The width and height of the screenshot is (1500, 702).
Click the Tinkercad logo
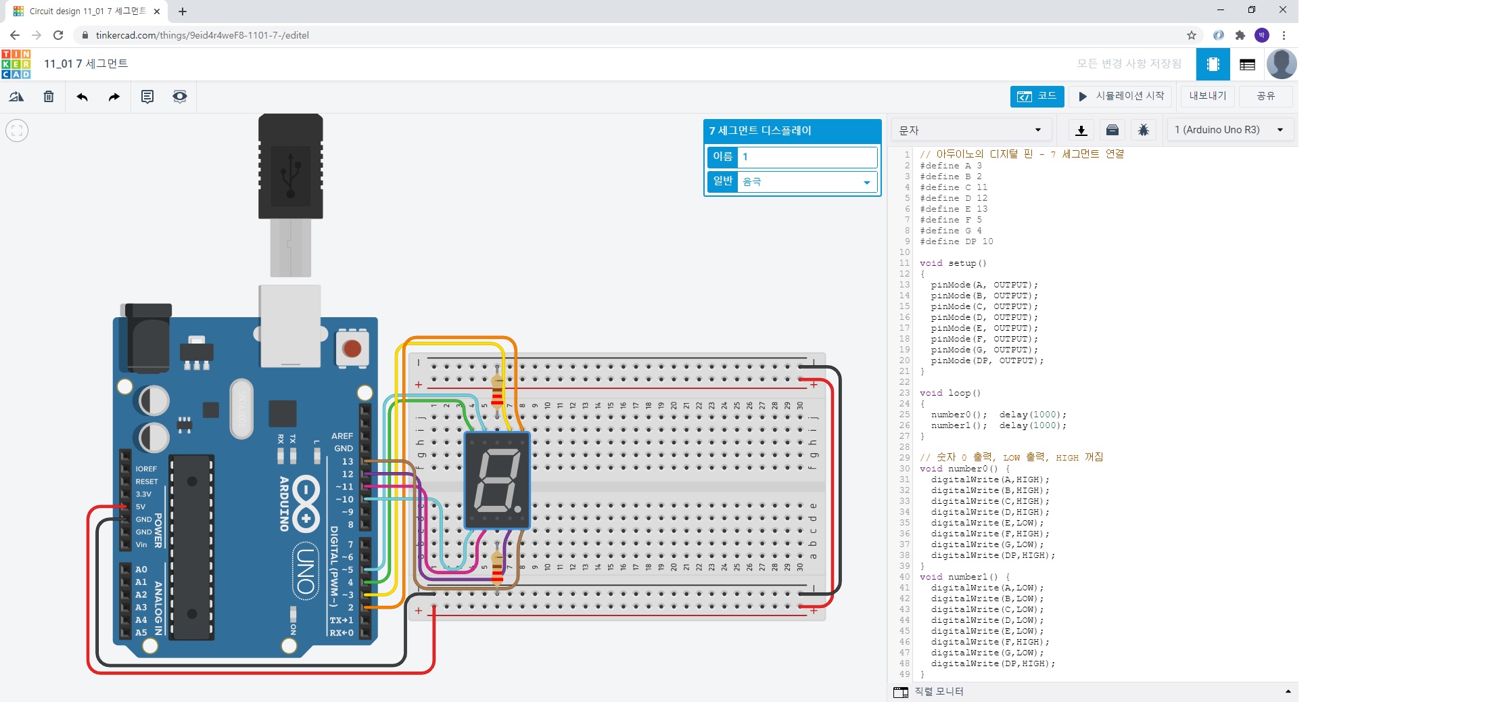(16, 64)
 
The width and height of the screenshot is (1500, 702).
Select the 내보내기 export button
(1207, 96)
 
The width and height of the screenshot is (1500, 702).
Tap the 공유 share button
(1265, 96)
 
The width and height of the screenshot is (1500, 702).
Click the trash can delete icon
(49, 97)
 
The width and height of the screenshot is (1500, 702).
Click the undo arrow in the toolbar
(83, 97)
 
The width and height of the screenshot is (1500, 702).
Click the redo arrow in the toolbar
(114, 97)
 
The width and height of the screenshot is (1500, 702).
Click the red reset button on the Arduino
(352, 348)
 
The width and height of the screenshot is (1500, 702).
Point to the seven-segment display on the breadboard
(497, 480)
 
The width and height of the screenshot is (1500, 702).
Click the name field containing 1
(807, 157)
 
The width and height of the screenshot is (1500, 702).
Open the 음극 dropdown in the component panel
(807, 182)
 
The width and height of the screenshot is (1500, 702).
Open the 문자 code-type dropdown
(970, 130)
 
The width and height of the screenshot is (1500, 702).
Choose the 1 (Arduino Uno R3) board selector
(1229, 130)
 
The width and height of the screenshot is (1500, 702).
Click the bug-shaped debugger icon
(1144, 130)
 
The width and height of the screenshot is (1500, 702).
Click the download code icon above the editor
(1081, 130)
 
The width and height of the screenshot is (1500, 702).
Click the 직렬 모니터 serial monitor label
(939, 691)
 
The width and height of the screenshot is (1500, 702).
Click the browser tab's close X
(157, 11)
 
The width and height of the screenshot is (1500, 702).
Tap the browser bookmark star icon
(1191, 35)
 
